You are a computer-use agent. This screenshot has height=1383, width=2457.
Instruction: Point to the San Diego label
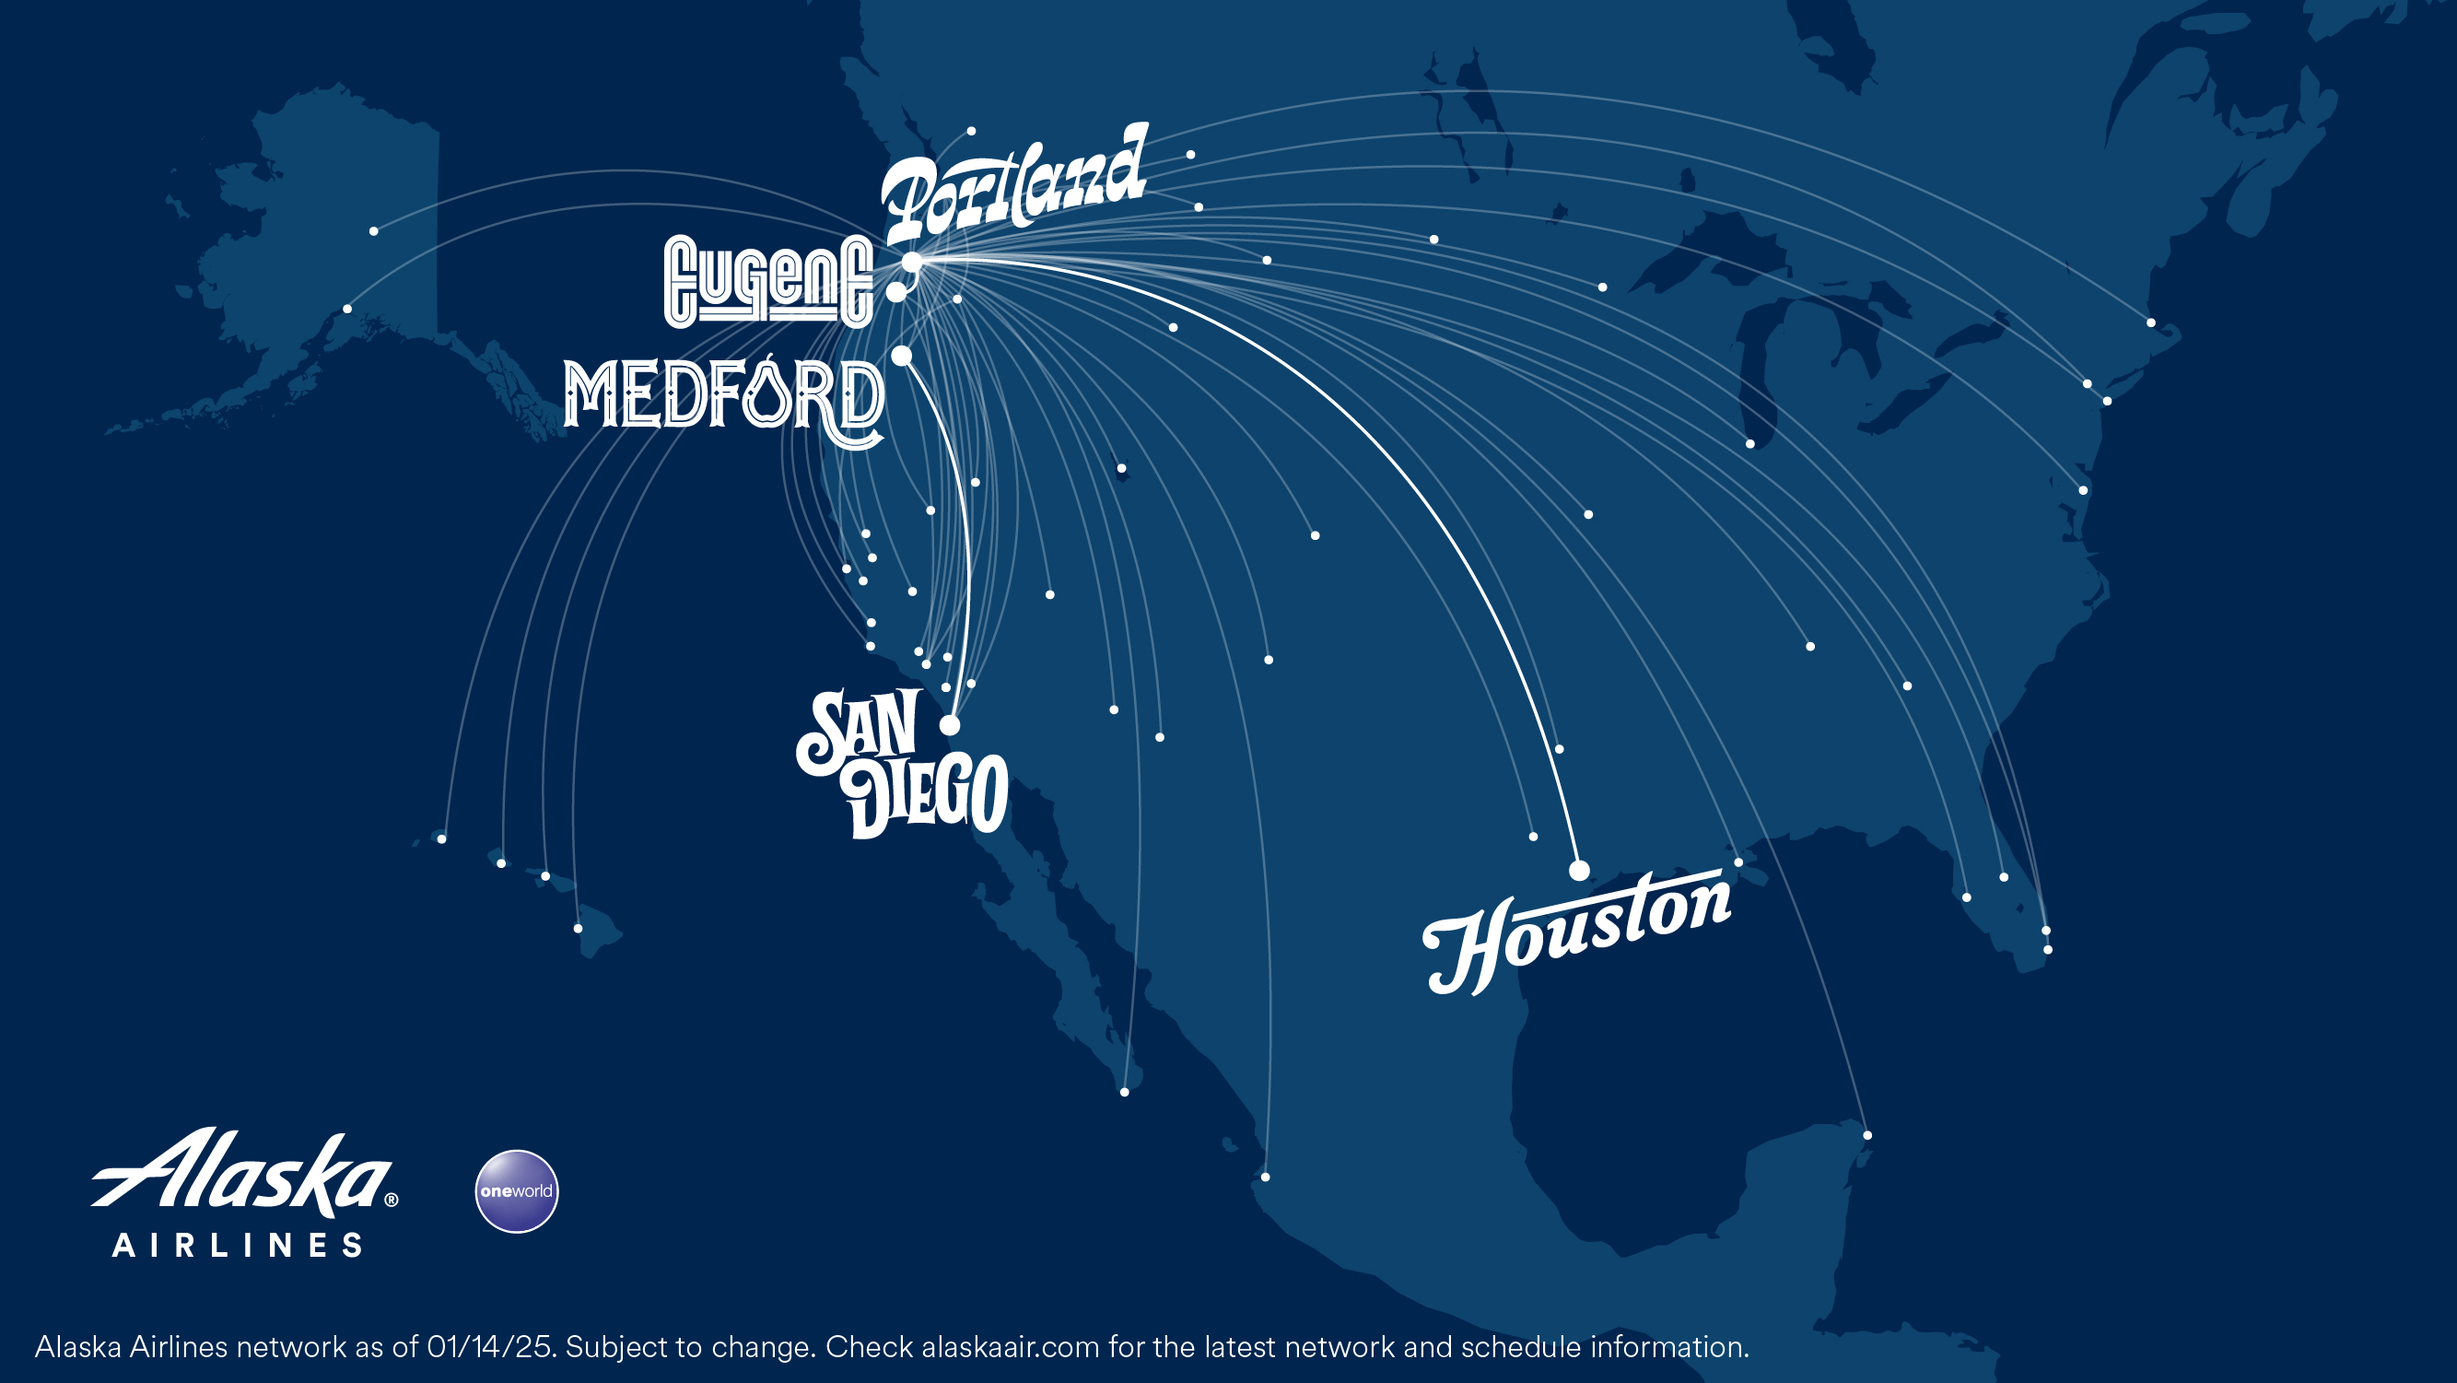point(901,764)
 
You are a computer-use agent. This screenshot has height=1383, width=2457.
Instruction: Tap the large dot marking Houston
point(1579,870)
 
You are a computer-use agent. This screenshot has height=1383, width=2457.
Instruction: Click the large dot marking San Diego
point(950,725)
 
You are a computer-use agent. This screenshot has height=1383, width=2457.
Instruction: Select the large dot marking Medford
point(901,356)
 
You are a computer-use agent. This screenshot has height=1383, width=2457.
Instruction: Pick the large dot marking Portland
point(913,262)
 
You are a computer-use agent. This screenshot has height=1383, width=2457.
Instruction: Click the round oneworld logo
point(516,1191)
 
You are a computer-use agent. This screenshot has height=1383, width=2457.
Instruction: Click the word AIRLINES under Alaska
point(238,1245)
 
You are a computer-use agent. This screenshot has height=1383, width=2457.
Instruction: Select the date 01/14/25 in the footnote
point(490,1347)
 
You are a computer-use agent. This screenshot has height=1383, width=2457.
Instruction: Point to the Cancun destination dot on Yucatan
point(1867,1135)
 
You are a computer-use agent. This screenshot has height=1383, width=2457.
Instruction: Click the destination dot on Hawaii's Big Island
point(578,928)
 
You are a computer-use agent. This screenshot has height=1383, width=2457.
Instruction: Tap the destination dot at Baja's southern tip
point(1125,1092)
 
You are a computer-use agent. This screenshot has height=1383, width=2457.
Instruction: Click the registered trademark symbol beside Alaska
point(391,1200)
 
